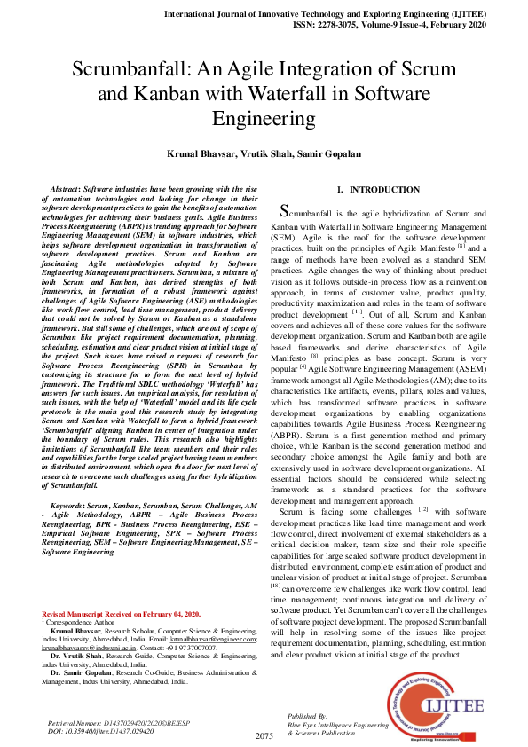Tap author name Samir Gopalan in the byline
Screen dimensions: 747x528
point(330,153)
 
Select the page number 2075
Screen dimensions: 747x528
point(264,735)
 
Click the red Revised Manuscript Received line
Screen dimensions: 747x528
point(121,614)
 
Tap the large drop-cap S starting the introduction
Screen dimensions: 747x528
point(284,211)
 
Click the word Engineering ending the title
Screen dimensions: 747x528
point(264,116)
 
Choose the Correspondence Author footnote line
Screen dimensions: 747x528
point(84,622)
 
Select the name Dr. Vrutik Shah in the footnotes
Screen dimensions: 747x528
point(78,656)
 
